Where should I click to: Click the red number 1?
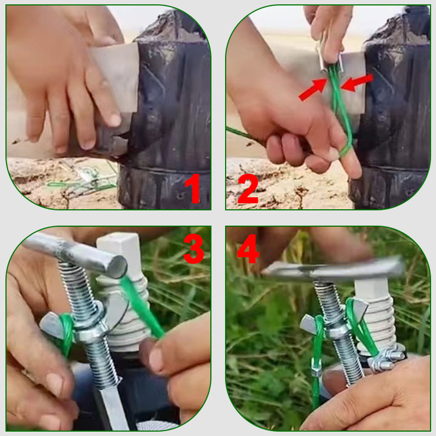(x=193, y=188)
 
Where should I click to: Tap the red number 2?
(x=248, y=189)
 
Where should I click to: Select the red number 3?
(x=193, y=249)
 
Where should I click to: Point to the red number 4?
(x=248, y=249)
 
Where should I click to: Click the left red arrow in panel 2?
(x=312, y=89)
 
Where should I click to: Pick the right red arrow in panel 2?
(x=357, y=82)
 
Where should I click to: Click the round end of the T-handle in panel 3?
(x=117, y=267)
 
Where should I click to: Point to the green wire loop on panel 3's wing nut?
(x=66, y=334)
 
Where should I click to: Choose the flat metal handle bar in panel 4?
(x=332, y=269)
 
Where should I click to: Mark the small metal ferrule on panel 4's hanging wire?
(x=316, y=367)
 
